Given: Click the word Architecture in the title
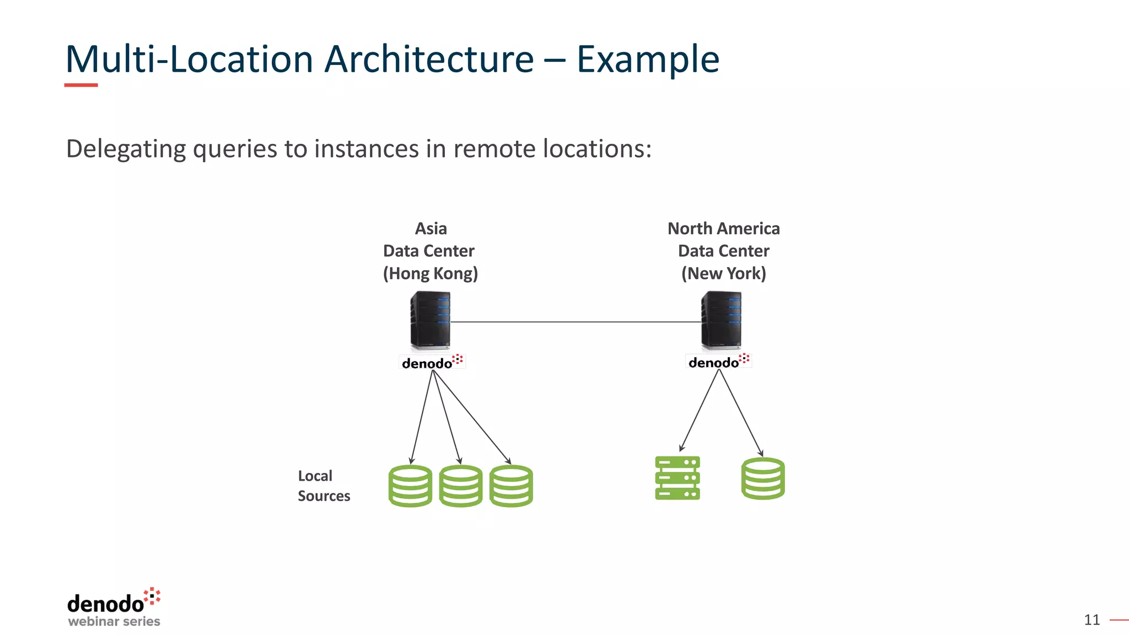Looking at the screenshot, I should [x=429, y=59].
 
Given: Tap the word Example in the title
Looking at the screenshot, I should [x=648, y=59].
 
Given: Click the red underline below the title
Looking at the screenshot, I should [x=81, y=85].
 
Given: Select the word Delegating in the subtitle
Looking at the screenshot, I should [x=126, y=149].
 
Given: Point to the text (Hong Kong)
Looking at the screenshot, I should [x=431, y=273].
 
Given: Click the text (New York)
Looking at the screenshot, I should [x=723, y=273].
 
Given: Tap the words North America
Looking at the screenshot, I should [x=723, y=229].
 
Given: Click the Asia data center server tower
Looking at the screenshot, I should [x=431, y=320].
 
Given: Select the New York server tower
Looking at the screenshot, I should [x=721, y=320].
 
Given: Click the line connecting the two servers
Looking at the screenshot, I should [x=576, y=322].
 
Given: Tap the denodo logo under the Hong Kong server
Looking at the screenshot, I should [x=432, y=362].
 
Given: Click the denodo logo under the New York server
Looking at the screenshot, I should [x=718, y=362].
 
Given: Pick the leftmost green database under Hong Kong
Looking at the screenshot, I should [x=410, y=486].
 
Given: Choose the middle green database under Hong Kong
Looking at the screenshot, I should [x=461, y=486].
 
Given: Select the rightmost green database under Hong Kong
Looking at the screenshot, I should [x=511, y=486].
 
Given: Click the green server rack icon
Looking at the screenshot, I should [x=678, y=478].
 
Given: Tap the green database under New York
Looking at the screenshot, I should [x=763, y=478].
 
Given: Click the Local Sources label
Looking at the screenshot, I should [x=324, y=486].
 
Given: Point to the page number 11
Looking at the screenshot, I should [x=1092, y=620].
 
